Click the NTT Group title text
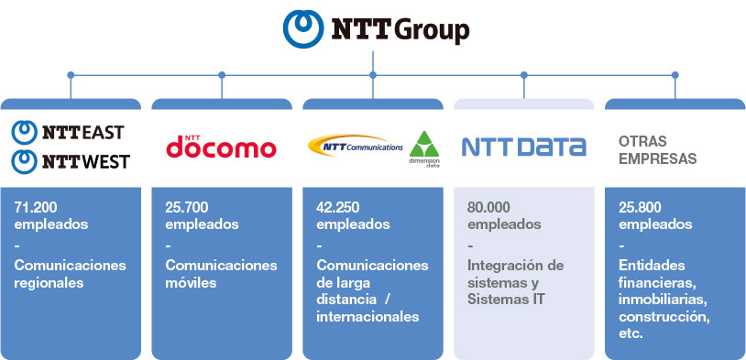pyautogui.click(x=400, y=30)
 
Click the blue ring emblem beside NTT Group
pyautogui.click(x=303, y=29)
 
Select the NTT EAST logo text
pyautogui.click(x=83, y=132)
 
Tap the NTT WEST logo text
pyautogui.click(x=85, y=162)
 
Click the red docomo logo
pyautogui.click(x=221, y=147)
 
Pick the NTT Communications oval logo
pyautogui.click(x=356, y=146)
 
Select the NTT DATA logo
pyautogui.click(x=524, y=147)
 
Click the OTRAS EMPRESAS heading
pyautogui.click(x=657, y=150)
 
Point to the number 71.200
pyautogui.click(x=36, y=208)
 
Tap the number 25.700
pyautogui.click(x=187, y=208)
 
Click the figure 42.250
pyautogui.click(x=338, y=208)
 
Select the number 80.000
pyautogui.click(x=488, y=208)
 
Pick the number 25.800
pyautogui.click(x=640, y=208)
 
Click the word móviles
pyautogui.click(x=191, y=283)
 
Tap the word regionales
pyautogui.click(x=49, y=283)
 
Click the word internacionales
pyautogui.click(x=368, y=317)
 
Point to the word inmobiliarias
pyautogui.click(x=664, y=300)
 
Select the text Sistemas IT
pyautogui.click(x=506, y=300)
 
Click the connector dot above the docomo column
pyautogui.click(x=222, y=75)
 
